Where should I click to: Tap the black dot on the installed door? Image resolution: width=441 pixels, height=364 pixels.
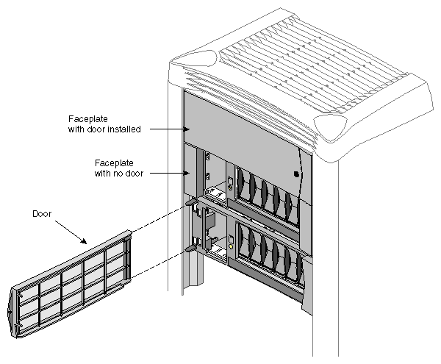pos(295,174)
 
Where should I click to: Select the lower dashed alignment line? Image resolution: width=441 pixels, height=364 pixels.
pos(158,264)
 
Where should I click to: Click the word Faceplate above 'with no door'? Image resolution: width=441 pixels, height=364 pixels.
pos(113,163)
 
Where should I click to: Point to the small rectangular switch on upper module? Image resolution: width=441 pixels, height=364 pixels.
pos(229,182)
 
